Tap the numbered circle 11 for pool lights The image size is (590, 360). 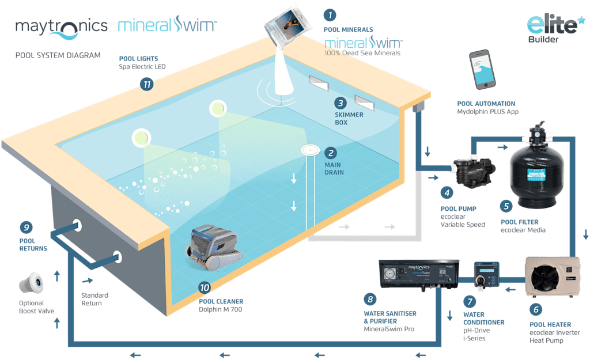(146, 85)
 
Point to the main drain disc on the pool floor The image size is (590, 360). (311, 150)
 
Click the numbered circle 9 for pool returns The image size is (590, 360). (25, 227)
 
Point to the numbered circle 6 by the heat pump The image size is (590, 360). (536, 309)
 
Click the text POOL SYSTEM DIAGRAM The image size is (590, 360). (58, 55)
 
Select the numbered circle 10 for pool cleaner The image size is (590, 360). (205, 287)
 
